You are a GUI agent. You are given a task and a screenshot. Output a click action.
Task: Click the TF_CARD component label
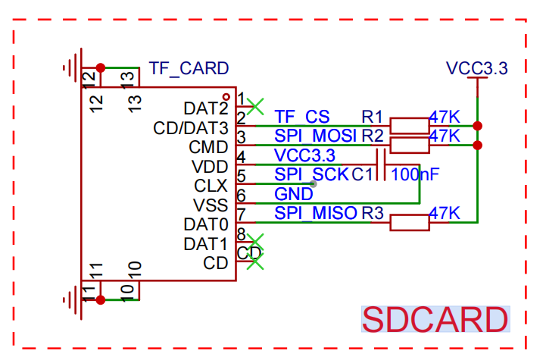click(189, 69)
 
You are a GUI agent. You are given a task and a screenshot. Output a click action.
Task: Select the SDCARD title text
click(435, 319)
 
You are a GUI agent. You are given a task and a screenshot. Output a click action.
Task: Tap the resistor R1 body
click(410, 126)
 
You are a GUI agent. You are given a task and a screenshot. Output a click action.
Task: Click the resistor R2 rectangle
click(410, 146)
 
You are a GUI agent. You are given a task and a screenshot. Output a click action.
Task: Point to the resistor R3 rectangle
click(410, 223)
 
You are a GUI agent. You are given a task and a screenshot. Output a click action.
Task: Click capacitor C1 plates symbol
click(381, 164)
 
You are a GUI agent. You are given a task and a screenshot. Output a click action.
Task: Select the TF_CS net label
click(302, 117)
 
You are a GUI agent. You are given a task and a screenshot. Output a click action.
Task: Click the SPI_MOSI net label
click(316, 136)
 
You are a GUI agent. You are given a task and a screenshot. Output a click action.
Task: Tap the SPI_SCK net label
click(312, 174)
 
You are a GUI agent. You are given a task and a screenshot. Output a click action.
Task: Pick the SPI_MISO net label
click(316, 213)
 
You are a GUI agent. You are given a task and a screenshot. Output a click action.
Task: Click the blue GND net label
click(294, 194)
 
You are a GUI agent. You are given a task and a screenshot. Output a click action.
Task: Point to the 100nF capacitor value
click(415, 174)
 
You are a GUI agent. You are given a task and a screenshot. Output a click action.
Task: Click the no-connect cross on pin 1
click(255, 106)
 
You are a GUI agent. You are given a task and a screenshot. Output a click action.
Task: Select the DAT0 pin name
click(206, 225)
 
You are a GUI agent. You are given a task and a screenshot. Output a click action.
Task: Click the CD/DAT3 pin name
click(191, 128)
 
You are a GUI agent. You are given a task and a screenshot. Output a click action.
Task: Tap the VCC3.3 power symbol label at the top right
click(476, 68)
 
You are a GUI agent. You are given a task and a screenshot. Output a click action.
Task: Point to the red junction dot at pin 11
click(100, 299)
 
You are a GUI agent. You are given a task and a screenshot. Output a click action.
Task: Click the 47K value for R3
click(445, 213)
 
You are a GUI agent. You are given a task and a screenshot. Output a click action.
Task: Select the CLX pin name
click(211, 186)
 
